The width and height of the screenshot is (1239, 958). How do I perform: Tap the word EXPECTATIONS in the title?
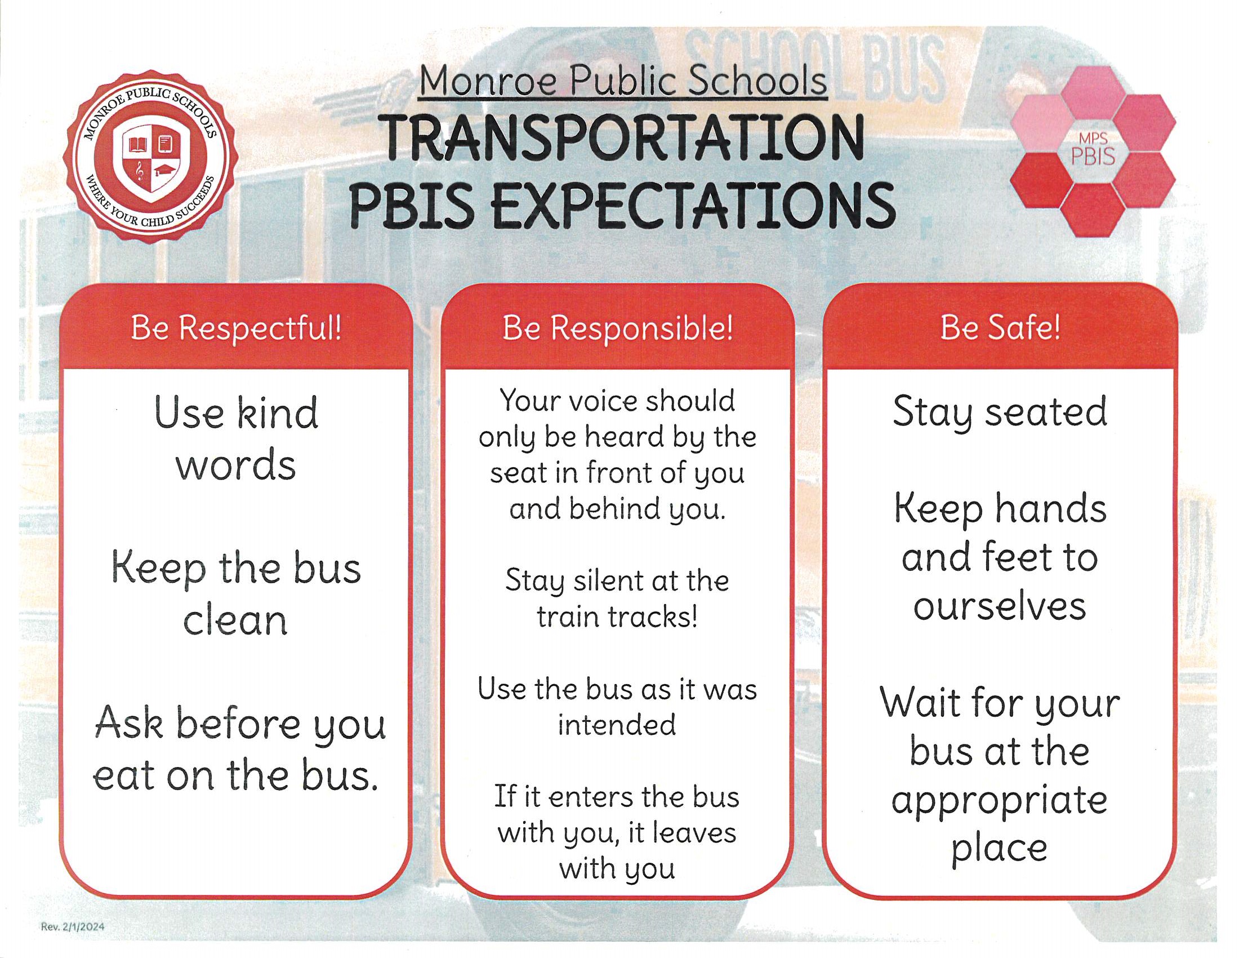pos(694,205)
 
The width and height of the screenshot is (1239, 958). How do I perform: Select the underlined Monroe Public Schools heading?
pos(623,82)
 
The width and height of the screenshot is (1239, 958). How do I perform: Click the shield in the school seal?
pos(151,162)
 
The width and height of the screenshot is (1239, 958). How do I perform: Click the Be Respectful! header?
pos(237,328)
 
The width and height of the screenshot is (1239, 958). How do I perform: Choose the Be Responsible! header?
pos(618,328)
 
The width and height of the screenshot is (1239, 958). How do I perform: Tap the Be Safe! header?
pos(1000,327)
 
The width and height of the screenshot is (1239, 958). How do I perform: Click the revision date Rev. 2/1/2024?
pos(73,927)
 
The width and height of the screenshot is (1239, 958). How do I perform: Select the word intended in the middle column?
pos(617,725)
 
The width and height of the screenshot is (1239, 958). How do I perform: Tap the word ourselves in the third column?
pos(1000,606)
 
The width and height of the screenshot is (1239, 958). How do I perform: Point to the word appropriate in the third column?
pos(999,802)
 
